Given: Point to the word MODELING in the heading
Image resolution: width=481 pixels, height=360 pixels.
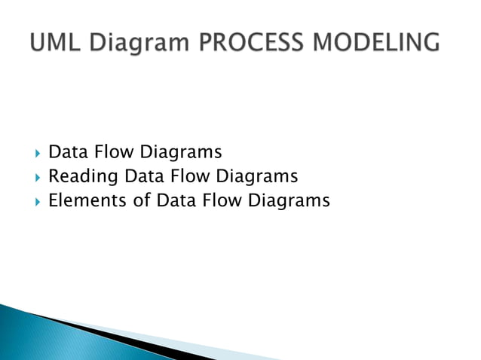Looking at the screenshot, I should [378, 42].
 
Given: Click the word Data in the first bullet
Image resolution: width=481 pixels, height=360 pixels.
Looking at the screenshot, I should [66, 153].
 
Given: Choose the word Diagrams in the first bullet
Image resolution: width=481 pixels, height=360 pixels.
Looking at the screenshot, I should [180, 154].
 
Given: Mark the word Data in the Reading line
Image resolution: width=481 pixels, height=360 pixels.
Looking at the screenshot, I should [142, 177].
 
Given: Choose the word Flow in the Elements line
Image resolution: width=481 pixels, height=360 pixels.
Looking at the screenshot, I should [218, 201].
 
